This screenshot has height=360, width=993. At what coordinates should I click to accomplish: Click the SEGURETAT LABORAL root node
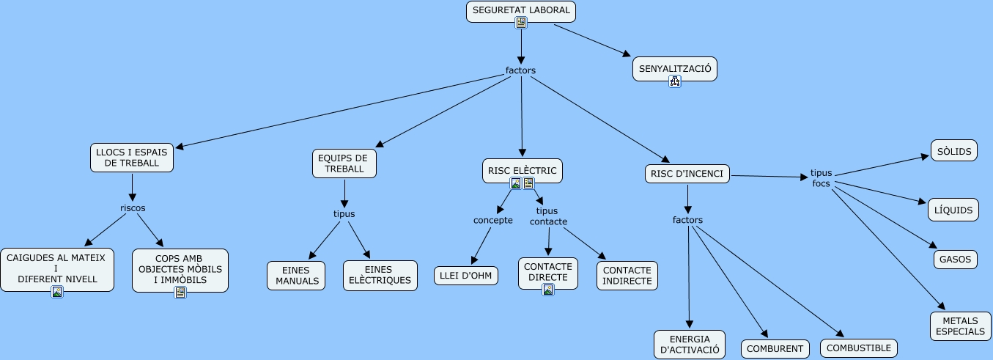(x=521, y=11)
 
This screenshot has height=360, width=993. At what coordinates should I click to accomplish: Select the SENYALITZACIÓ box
(x=675, y=69)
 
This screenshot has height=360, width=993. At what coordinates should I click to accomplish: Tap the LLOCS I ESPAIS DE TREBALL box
(x=132, y=158)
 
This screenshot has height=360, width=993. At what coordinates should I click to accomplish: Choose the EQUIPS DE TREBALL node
(x=344, y=163)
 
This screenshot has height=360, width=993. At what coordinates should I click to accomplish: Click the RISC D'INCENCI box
(x=687, y=174)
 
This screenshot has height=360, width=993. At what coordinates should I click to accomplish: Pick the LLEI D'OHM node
(x=466, y=276)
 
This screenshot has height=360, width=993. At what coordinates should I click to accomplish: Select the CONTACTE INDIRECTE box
(x=627, y=276)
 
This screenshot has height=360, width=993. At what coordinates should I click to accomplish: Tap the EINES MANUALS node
(x=296, y=276)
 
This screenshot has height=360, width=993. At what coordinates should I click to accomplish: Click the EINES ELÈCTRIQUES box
(x=380, y=276)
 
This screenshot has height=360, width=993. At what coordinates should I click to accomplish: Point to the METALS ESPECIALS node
(x=961, y=326)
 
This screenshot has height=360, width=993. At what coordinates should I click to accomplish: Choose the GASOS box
(x=956, y=259)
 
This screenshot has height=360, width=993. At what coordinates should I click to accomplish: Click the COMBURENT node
(x=775, y=349)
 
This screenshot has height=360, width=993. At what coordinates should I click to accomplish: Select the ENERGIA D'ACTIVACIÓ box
(x=690, y=344)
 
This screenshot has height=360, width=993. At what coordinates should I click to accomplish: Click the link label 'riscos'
(x=133, y=207)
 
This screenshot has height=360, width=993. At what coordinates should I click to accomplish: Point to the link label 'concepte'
(x=493, y=220)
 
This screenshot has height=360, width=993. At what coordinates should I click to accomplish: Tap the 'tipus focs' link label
(x=821, y=178)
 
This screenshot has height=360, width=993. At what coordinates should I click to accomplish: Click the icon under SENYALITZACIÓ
(x=675, y=81)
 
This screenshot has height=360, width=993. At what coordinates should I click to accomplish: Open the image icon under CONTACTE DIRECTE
(x=548, y=290)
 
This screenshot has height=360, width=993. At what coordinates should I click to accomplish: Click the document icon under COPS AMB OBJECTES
(x=180, y=293)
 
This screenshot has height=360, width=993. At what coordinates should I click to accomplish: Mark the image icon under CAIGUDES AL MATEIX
(x=57, y=292)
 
